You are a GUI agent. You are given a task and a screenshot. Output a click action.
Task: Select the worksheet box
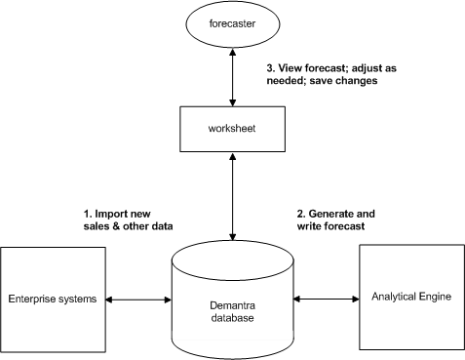(x=233, y=129)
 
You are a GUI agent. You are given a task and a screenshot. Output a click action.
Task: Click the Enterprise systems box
(x=53, y=299)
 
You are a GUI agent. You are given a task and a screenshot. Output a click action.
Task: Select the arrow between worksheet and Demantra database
(x=233, y=195)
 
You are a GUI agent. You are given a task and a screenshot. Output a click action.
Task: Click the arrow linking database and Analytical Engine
(x=327, y=299)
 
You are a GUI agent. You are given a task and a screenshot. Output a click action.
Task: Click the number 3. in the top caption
(x=271, y=69)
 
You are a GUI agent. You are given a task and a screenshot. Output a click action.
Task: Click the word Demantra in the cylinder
(x=232, y=304)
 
